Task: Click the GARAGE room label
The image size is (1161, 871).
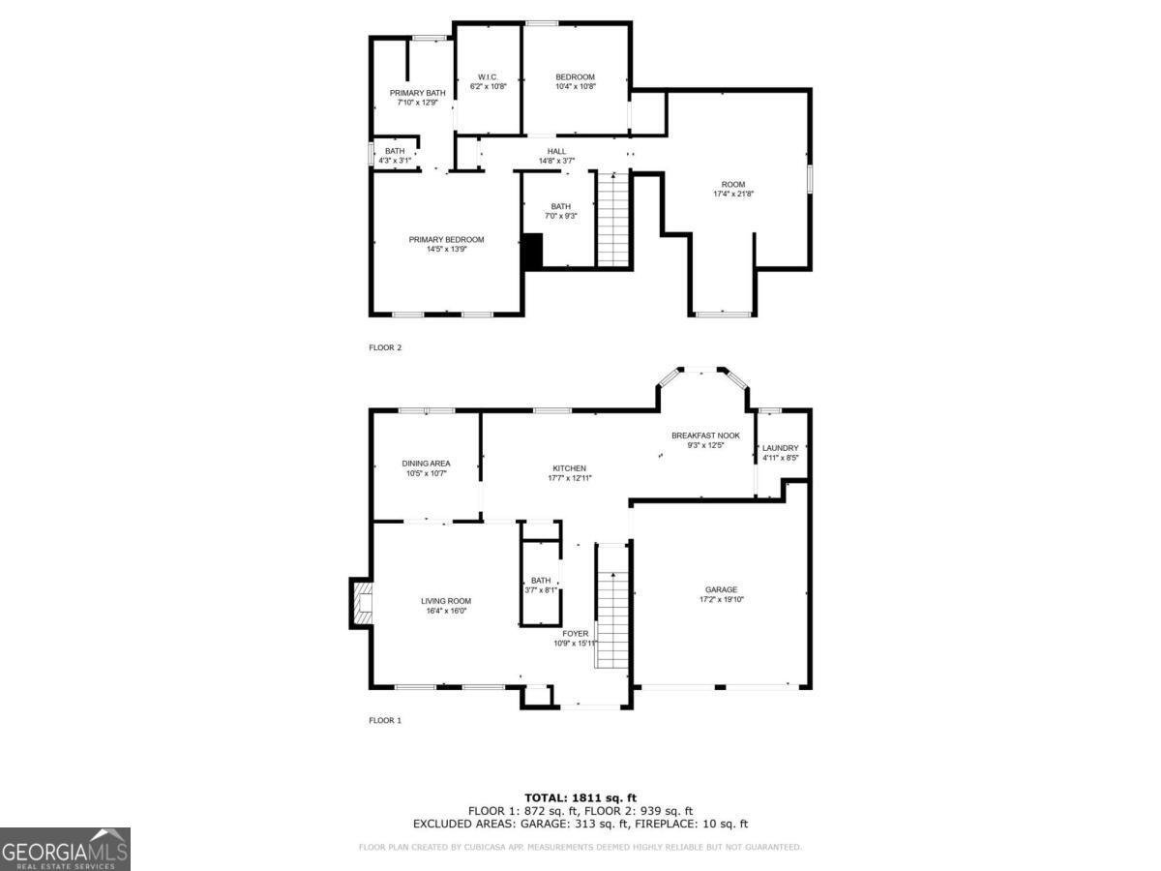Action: tap(721, 589)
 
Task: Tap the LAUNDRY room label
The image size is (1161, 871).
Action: tap(780, 448)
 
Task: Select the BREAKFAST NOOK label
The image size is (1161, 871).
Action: tap(705, 435)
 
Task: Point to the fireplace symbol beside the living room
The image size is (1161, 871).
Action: tap(362, 603)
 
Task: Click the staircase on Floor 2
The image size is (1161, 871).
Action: tap(612, 219)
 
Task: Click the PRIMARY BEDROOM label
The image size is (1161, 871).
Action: tap(446, 240)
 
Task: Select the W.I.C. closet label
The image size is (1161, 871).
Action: tap(488, 77)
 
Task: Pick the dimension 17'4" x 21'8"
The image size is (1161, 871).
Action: tap(733, 195)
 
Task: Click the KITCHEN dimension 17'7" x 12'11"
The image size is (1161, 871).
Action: tap(570, 478)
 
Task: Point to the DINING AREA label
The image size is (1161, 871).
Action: tap(426, 464)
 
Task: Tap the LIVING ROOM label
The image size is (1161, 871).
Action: tap(446, 601)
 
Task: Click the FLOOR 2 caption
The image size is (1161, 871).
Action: tap(385, 347)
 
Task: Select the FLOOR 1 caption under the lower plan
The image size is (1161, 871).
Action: tap(385, 720)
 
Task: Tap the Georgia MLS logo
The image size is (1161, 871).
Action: tap(65, 849)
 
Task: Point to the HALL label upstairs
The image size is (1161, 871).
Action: tap(556, 151)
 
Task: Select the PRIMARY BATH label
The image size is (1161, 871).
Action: tap(417, 93)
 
